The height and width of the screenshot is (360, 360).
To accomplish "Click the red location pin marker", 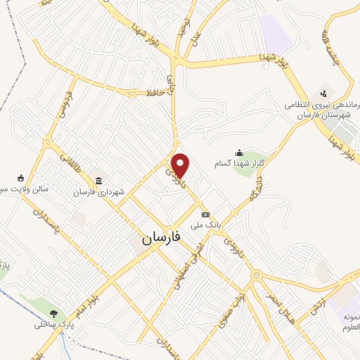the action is tap(181, 165).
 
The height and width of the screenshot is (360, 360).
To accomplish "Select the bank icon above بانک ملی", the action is tap(205, 214).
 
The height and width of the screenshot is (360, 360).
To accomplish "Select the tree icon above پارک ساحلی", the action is tap(55, 313).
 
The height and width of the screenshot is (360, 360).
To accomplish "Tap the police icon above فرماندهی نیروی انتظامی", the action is tap(323, 92).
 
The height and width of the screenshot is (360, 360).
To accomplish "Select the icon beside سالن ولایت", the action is tap(20, 177).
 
